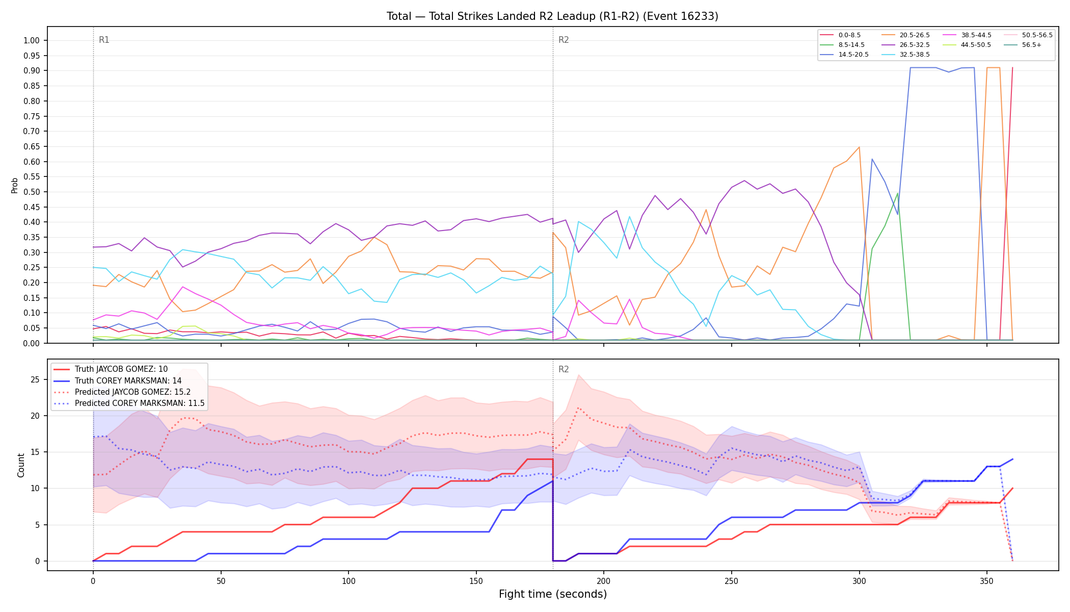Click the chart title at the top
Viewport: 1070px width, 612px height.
coord(552,16)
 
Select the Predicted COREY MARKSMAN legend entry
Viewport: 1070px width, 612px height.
coord(129,403)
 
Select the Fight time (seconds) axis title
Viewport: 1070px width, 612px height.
coord(553,594)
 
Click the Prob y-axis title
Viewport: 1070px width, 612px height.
coord(15,185)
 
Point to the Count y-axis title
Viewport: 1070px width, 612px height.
coord(21,465)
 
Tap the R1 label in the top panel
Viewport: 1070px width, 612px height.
coord(104,40)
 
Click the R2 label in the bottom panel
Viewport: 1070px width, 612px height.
coord(564,369)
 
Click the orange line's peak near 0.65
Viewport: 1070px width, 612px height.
coord(859,147)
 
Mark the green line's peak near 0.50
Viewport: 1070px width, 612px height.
coord(897,193)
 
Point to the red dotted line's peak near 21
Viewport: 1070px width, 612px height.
coord(578,408)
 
